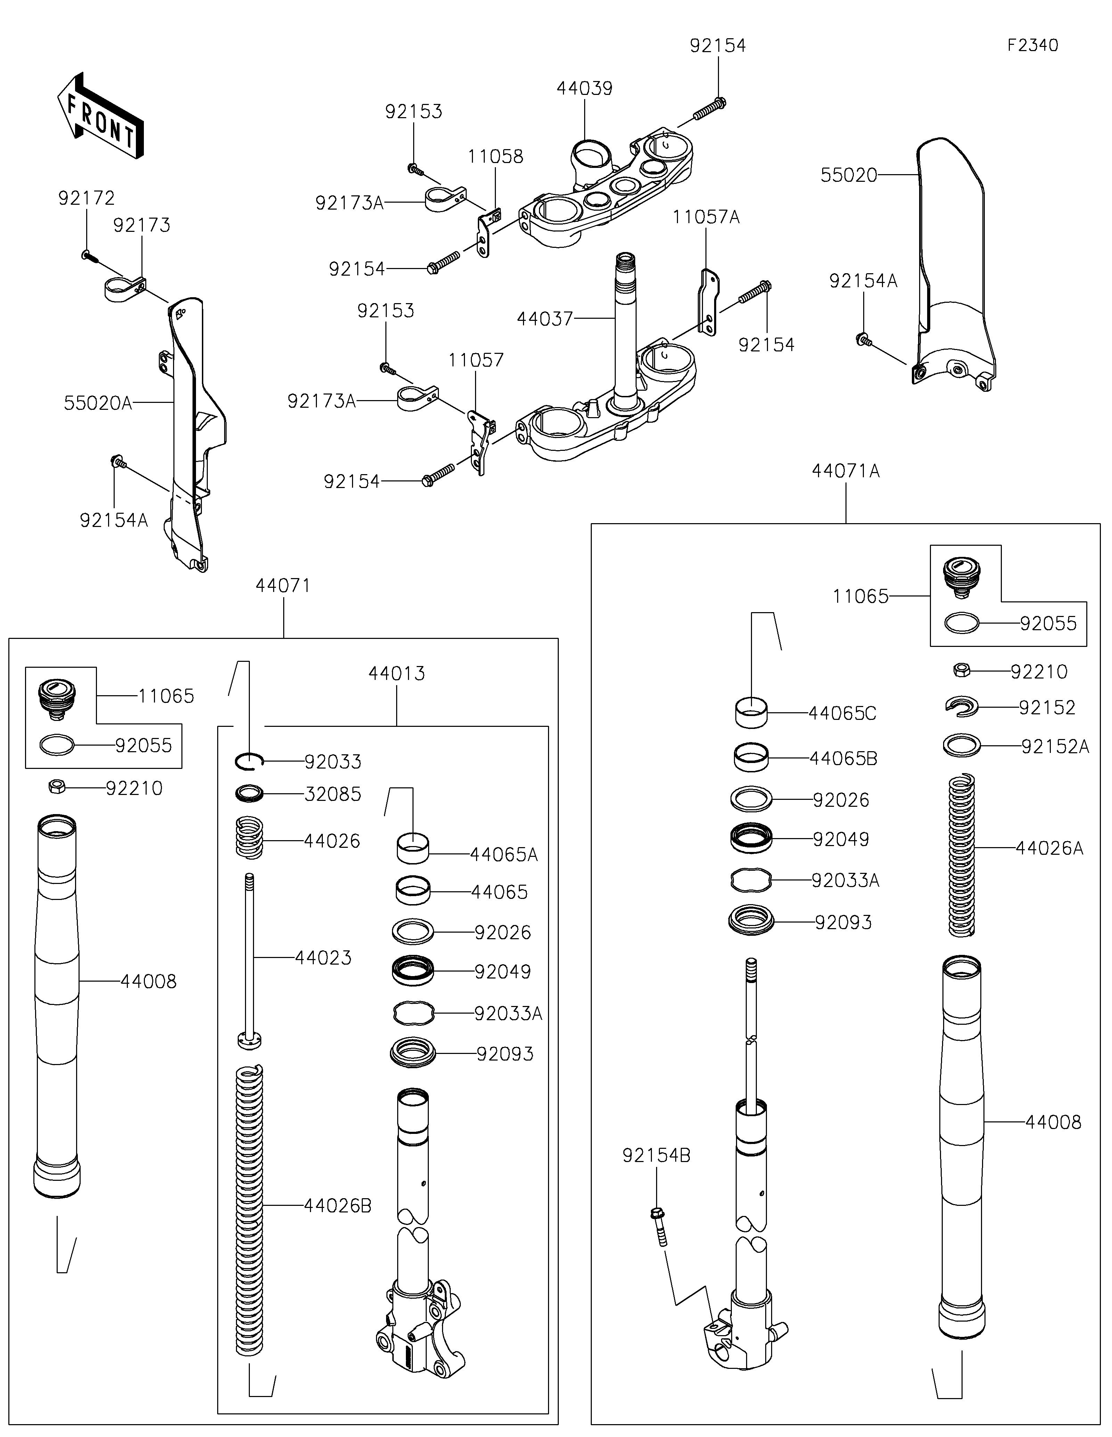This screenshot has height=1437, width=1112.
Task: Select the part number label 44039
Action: pyautogui.click(x=584, y=88)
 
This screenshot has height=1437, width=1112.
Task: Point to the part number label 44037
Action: pyautogui.click(x=545, y=319)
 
